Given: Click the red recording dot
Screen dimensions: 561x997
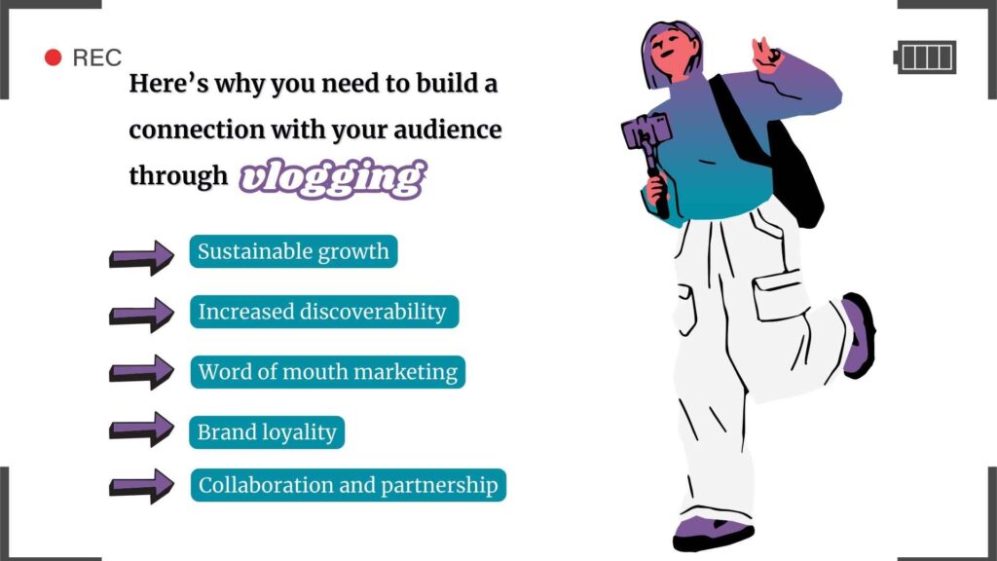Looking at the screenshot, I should (54, 58).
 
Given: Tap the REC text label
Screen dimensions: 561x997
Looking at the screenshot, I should (97, 58).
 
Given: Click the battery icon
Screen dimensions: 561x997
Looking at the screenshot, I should (925, 57).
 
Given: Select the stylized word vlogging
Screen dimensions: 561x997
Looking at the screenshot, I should (332, 178).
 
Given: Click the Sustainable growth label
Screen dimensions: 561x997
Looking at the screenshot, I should (293, 252).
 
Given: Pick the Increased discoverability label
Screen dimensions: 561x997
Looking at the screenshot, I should (322, 312).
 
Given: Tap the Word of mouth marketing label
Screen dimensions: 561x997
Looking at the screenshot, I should (327, 372).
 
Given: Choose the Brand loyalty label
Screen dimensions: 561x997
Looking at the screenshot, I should (266, 432).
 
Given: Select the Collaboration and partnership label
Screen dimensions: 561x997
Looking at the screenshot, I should (348, 484).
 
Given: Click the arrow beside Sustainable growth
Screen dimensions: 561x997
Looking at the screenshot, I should (141, 256).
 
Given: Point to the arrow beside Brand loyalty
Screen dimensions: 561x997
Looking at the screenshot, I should (141, 429).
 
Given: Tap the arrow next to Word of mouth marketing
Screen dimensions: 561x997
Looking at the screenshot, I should (141, 371).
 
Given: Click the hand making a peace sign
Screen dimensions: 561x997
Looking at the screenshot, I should (767, 55).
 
